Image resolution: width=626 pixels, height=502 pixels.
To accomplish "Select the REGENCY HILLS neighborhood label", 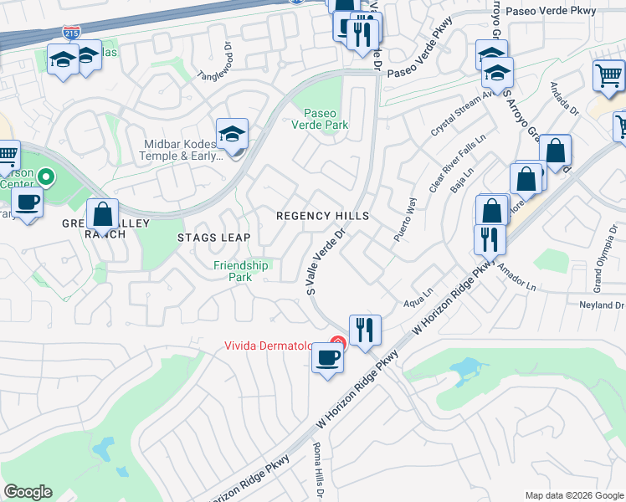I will click(x=323, y=216).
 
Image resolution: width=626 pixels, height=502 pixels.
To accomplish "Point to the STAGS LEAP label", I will click(x=213, y=238).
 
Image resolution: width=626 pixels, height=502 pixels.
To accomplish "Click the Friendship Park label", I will click(x=240, y=271).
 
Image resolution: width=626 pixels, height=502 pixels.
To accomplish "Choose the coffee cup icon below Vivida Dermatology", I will click(x=327, y=360).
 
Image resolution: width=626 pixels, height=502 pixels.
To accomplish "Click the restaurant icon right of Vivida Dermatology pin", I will click(x=364, y=330).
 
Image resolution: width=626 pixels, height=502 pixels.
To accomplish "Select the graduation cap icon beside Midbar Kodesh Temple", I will click(x=232, y=134).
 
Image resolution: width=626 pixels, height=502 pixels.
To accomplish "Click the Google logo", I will click(x=28, y=492).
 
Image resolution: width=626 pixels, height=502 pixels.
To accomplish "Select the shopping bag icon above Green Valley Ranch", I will click(x=102, y=215).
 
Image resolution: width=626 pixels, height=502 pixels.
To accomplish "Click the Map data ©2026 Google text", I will click(x=573, y=495).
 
